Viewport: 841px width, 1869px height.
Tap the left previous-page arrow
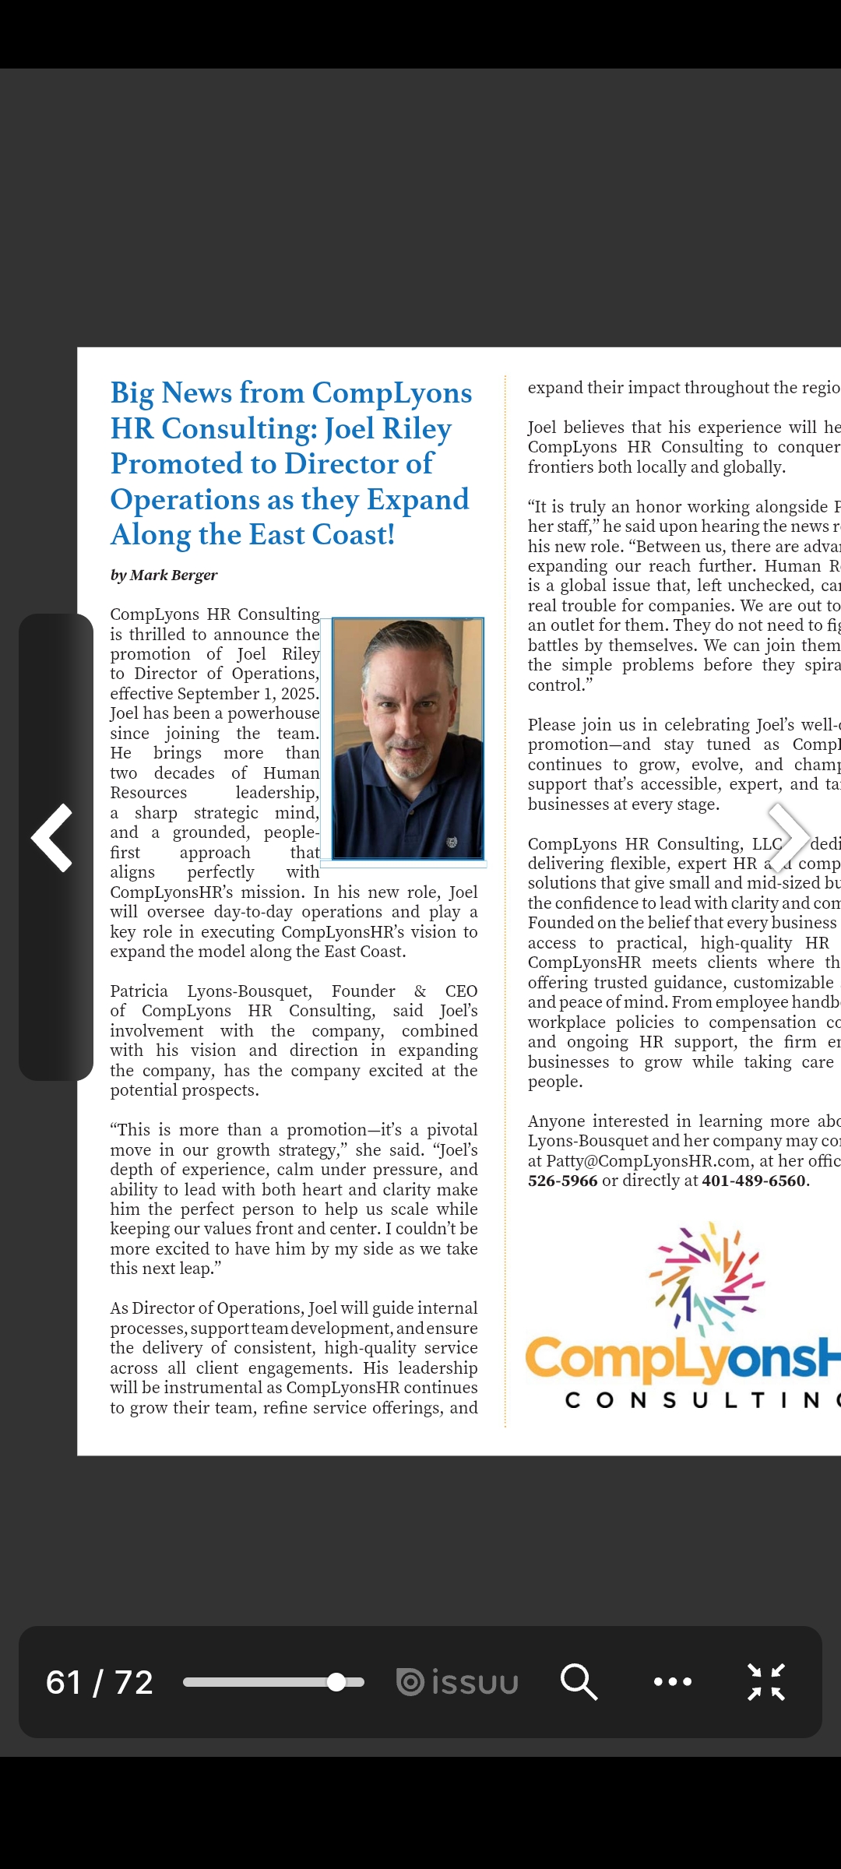pos(52,837)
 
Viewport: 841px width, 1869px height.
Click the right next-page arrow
pos(788,837)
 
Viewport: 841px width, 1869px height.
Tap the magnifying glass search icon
pos(579,1681)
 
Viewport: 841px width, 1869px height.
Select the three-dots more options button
pos(673,1681)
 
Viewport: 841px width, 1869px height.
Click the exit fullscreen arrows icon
pos(766,1681)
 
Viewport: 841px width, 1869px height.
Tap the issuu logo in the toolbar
pos(457,1682)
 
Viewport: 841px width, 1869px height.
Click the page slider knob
pos(336,1682)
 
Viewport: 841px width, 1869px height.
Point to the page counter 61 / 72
pos(100,1682)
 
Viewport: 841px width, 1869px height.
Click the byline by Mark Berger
pos(164,575)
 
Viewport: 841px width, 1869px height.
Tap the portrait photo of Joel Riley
pos(408,738)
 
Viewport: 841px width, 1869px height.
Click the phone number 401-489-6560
pos(754,1181)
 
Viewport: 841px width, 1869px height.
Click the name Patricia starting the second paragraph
pos(139,991)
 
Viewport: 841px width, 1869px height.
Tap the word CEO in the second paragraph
pos(461,991)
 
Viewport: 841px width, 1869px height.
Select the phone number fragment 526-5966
pos(563,1181)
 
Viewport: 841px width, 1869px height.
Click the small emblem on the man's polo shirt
pos(452,842)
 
